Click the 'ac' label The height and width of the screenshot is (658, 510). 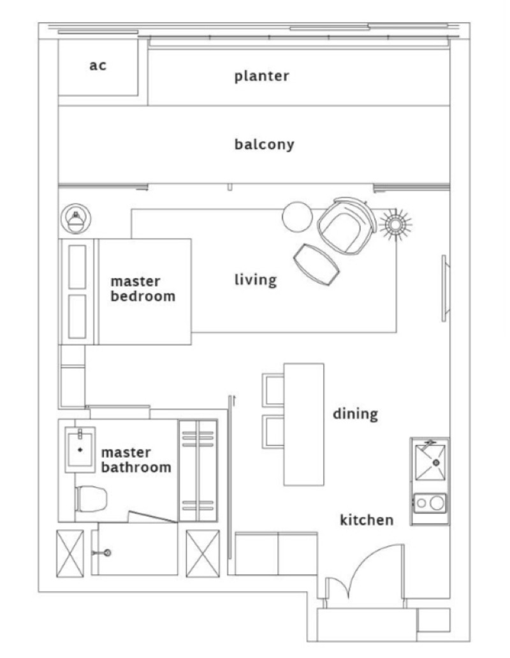[x=98, y=66]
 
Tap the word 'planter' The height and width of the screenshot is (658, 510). [x=262, y=76]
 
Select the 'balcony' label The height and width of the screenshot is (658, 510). [x=264, y=144]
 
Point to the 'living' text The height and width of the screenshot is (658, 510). [x=256, y=280]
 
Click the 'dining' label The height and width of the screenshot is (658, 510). [x=355, y=414]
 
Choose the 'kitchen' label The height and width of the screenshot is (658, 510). [x=367, y=520]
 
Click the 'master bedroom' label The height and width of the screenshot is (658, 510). [x=143, y=289]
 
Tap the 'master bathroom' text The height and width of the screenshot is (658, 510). [x=136, y=460]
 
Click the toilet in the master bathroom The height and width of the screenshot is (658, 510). [x=91, y=499]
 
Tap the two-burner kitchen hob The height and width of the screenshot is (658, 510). [x=430, y=502]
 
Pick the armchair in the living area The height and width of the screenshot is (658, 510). [x=347, y=226]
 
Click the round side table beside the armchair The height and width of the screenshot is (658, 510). [x=297, y=217]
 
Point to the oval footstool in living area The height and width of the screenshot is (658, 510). [x=317, y=265]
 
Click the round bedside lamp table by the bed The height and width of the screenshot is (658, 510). [x=75, y=219]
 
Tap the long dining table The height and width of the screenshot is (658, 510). [x=303, y=424]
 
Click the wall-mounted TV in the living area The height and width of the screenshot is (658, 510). [x=446, y=288]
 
